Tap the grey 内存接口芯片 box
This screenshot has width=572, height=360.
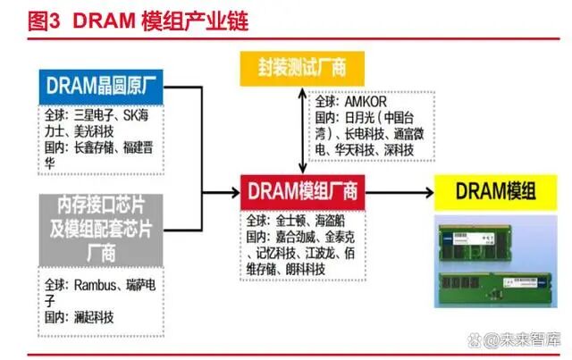tap(100, 227)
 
